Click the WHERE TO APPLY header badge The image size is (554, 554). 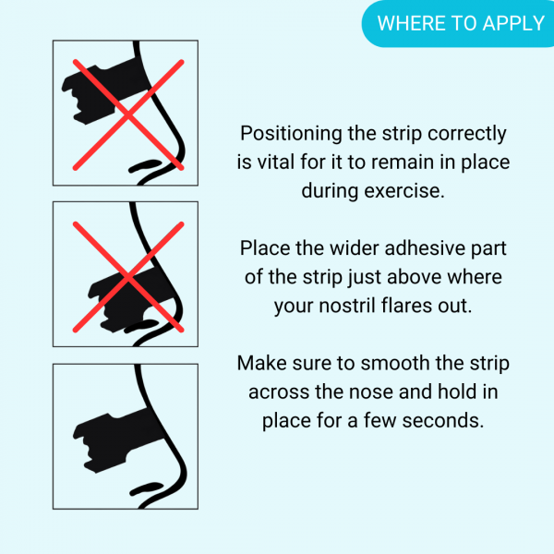[x=458, y=23]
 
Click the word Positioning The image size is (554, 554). [x=291, y=134]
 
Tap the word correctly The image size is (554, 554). [x=466, y=134]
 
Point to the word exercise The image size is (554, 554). [x=404, y=191]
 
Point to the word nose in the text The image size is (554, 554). [x=370, y=392]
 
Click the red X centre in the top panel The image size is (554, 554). [x=128, y=115]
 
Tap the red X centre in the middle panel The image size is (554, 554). [x=128, y=277]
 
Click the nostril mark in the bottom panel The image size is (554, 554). [x=146, y=488]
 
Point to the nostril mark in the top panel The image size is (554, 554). [x=145, y=165]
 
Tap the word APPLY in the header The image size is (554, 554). [x=513, y=24]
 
